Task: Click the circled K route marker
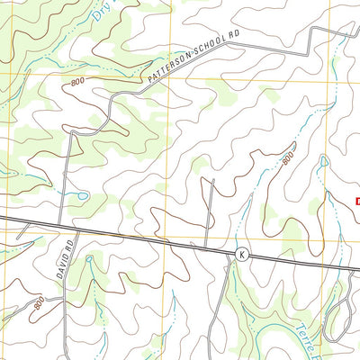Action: pyautogui.click(x=241, y=256)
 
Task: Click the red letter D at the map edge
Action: pyautogui.click(x=356, y=202)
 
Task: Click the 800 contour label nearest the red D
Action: pyautogui.click(x=287, y=159)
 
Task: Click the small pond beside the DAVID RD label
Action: pyautogui.click(x=90, y=261)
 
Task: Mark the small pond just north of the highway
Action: pyautogui.click(x=81, y=194)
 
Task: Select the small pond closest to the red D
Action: pyautogui.click(x=322, y=161)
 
